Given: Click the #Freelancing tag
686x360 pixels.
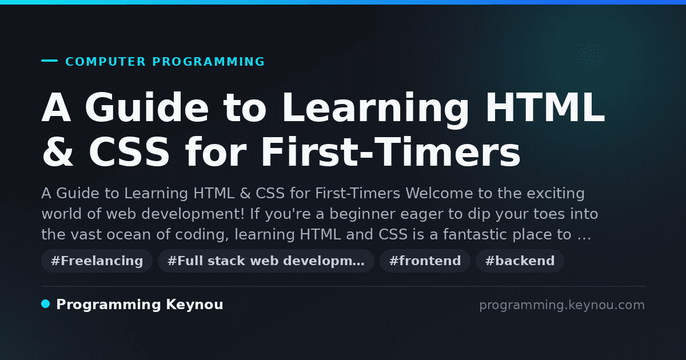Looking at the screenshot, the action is (x=97, y=261).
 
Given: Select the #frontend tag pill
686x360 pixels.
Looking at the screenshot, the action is (x=425, y=261).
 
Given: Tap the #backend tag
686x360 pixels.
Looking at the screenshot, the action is (x=520, y=261).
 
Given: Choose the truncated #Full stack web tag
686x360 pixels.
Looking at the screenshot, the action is (x=266, y=261).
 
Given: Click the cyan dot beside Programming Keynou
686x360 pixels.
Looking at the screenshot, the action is (x=46, y=304).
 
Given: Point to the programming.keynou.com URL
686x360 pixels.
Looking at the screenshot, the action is (x=562, y=305).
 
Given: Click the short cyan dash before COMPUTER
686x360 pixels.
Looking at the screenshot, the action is (x=49, y=61).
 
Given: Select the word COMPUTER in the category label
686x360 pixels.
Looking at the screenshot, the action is (x=105, y=62).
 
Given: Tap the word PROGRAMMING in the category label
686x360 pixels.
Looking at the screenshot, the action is (x=208, y=62).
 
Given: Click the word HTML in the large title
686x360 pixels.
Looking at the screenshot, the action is (x=545, y=107).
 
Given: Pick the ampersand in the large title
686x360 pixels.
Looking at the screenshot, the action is (x=58, y=152).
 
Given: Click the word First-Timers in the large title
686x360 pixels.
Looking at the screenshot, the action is (x=390, y=152).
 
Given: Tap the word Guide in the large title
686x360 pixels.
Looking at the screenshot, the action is (x=147, y=107).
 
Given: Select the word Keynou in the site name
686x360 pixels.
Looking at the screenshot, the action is (x=194, y=305).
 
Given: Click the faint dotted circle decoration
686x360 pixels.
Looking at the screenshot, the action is (x=591, y=55).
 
